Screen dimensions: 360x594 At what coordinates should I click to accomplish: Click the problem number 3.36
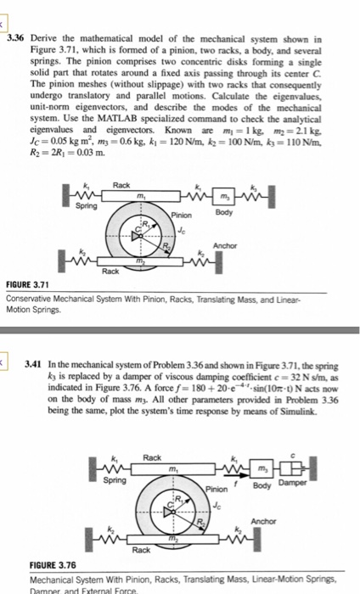coord(15,39)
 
